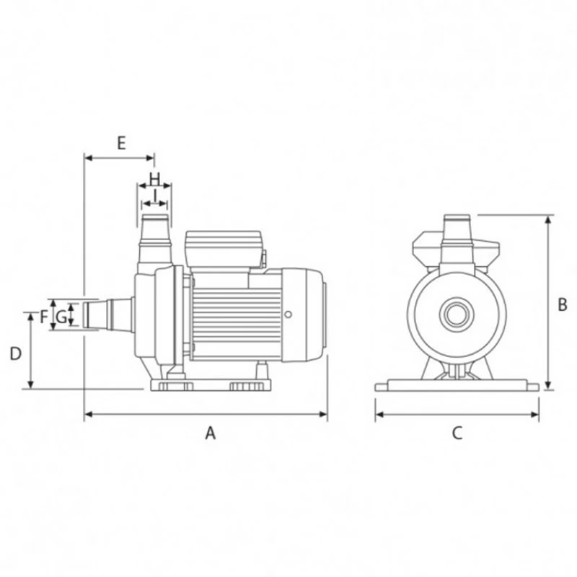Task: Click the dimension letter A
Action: tap(210, 433)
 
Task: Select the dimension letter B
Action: tap(563, 304)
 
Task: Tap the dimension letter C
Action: tap(457, 433)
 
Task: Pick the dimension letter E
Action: tap(121, 142)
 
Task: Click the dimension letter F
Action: tap(44, 316)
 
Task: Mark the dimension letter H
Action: tap(154, 177)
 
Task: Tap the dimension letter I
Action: tap(154, 194)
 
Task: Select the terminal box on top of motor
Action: tap(223, 250)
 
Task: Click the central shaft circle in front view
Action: tap(456, 314)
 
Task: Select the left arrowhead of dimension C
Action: tap(378, 415)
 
